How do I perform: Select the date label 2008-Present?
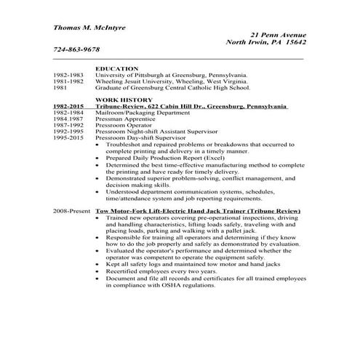click(x=71, y=210)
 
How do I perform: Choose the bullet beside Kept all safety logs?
click(x=98, y=264)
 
